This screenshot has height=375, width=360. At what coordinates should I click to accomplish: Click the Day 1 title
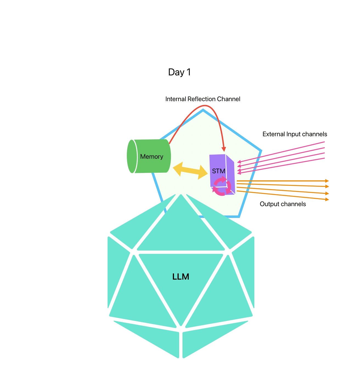pos(179,72)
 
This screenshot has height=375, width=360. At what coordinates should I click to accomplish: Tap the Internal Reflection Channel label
pos(203,99)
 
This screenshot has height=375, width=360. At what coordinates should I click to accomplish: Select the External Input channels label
pos(295,134)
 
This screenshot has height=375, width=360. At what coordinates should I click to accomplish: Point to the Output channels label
pos(283,204)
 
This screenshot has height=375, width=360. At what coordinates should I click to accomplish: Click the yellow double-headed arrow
pos(190,171)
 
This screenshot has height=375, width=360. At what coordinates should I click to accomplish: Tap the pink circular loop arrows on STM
pos(222,186)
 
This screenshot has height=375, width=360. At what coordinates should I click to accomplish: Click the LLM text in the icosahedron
pos(181,277)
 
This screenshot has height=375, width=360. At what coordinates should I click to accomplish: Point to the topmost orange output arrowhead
pos(327,181)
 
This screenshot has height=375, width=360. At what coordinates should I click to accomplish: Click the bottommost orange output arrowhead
pos(327,200)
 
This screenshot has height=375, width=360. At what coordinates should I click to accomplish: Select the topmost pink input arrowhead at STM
pos(239,162)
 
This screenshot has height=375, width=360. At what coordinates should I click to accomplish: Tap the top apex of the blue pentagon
pos(203,110)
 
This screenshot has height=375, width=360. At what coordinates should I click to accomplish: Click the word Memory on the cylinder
pos(151,157)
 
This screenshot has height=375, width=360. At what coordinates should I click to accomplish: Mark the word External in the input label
pos(274,134)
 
